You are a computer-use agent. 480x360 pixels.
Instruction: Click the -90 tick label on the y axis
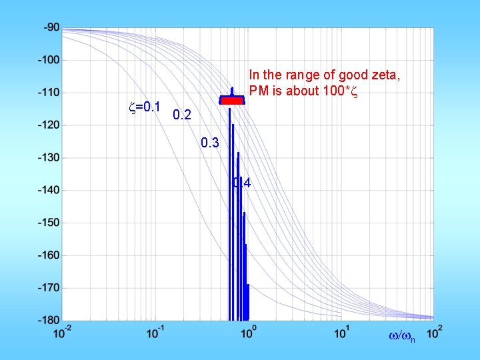51,27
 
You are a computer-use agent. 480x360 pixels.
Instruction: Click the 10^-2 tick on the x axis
63,331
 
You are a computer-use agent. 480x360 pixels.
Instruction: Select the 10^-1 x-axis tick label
156,331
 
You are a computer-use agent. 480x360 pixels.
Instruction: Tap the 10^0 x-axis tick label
248,331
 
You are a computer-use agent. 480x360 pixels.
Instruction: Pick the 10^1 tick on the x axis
341,331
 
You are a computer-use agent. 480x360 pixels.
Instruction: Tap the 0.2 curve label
181,116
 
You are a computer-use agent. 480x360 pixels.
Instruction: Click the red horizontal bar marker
233,101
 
